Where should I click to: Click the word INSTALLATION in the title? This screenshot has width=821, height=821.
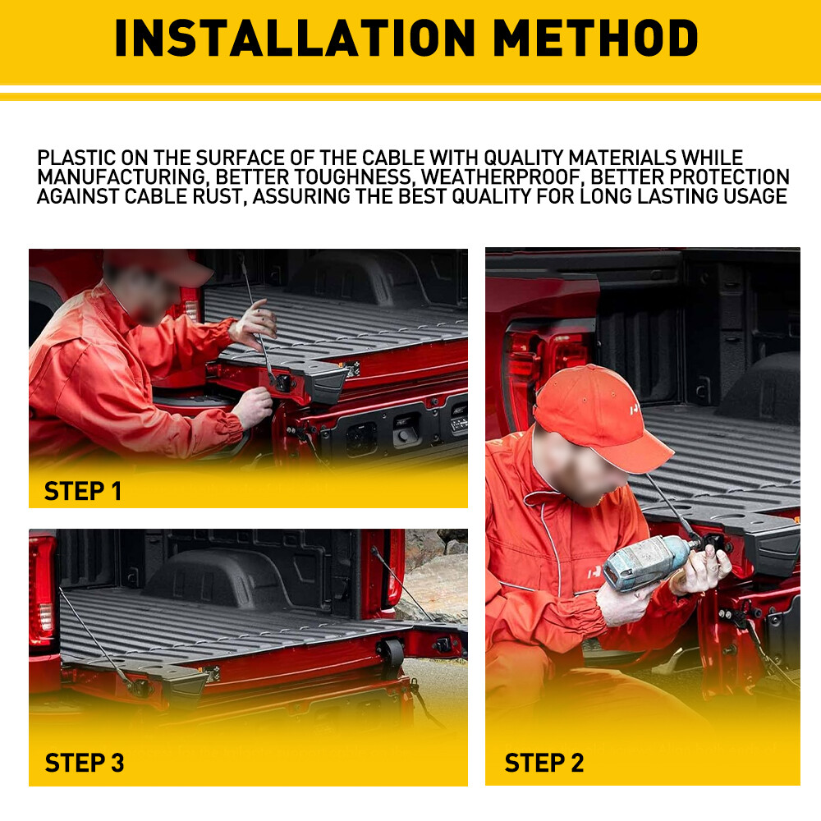coord(295,38)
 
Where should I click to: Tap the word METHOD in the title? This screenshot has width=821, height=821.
coord(596,38)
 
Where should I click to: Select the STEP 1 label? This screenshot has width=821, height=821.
coord(83,491)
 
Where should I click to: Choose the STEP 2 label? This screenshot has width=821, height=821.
coord(544,763)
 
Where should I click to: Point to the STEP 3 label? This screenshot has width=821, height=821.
coord(85,763)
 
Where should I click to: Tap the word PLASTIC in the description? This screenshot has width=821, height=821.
coord(76,158)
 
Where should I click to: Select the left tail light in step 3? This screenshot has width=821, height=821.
coord(43,592)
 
